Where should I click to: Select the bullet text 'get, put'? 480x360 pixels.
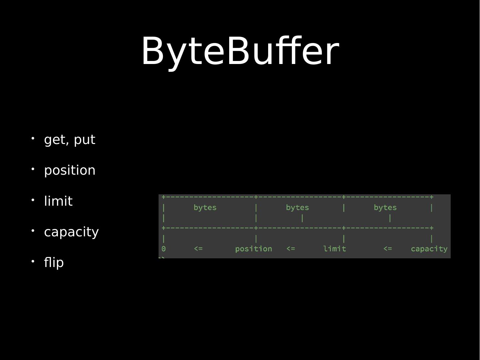point(70,140)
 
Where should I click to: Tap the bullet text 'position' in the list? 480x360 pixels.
point(70,170)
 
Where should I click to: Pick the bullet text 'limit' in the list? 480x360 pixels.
point(58,201)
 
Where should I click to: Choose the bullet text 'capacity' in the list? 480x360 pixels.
point(71,232)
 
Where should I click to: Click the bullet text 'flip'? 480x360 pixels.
point(54,262)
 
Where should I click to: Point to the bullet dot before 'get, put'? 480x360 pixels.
point(33,138)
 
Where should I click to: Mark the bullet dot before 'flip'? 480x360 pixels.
point(33,261)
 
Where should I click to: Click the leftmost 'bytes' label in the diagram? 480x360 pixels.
point(205,208)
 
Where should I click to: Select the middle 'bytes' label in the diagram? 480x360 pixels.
point(297,208)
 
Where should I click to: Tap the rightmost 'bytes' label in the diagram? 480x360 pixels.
point(385,208)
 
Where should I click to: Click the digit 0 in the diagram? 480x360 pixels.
point(164,249)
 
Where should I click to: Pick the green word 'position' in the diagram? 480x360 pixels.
point(253,249)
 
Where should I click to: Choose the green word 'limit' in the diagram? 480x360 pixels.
point(334,249)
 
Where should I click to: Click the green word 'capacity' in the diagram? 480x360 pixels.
point(429,249)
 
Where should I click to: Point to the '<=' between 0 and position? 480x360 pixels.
point(198,249)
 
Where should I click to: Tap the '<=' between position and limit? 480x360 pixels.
point(290,249)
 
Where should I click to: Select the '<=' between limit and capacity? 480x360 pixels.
point(387,249)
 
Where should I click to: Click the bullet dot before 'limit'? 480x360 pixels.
point(33,200)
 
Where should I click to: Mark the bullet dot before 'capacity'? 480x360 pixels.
point(33,230)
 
